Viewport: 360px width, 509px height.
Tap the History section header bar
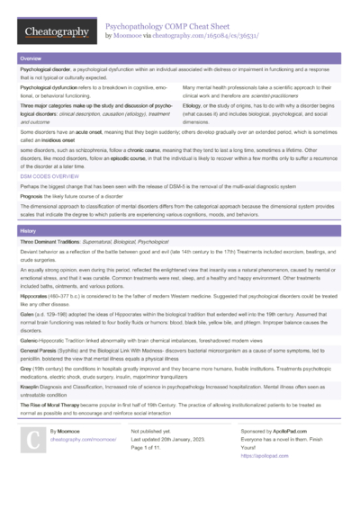coord(180,231)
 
